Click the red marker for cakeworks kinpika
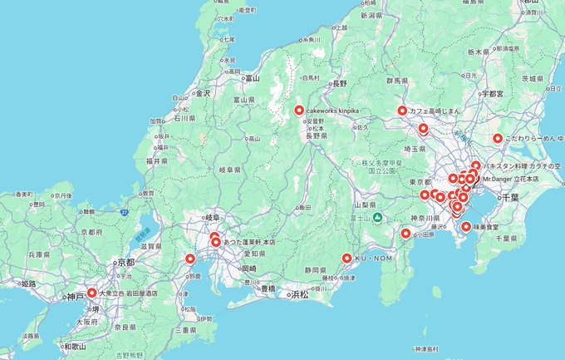point(299,110)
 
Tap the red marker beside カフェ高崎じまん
point(402,111)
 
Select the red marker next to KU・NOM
point(346,259)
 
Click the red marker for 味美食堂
point(466,226)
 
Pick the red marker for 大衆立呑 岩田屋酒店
point(91,293)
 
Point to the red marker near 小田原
point(405,233)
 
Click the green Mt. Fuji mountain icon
point(377,218)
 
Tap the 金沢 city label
point(202,93)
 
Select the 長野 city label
point(338,84)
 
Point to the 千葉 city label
point(510,197)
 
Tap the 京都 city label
point(126,261)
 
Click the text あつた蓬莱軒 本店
point(250,242)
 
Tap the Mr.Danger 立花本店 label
point(511,179)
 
